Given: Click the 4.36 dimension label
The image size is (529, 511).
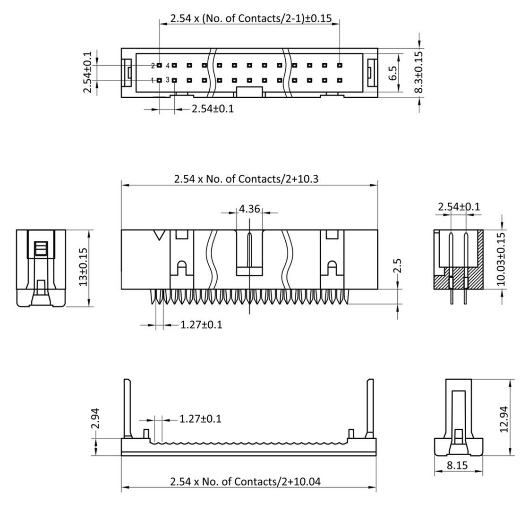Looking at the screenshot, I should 249,208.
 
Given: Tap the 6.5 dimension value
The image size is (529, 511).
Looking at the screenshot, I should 393,73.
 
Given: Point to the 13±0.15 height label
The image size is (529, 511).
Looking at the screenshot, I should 83,267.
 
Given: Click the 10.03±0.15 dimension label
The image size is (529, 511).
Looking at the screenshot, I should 501,258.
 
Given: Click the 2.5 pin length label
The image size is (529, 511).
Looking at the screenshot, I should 398,266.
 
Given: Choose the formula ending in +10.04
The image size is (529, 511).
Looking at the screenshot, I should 245,482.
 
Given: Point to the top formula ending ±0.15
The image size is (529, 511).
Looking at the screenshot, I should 251,19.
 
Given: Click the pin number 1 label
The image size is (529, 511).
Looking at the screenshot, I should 153,81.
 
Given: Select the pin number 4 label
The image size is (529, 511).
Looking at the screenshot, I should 167,65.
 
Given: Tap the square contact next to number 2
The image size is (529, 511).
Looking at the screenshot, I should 159,65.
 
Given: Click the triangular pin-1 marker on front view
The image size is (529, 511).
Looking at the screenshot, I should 160,235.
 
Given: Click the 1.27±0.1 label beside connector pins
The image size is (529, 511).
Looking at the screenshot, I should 201,325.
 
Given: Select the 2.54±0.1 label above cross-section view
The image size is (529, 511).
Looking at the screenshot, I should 459,206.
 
